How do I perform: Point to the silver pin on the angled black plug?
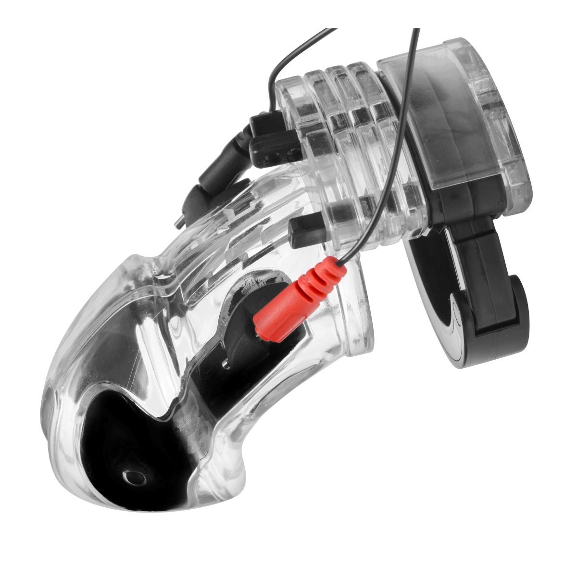point(178,221)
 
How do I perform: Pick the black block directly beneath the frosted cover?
point(462,212)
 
